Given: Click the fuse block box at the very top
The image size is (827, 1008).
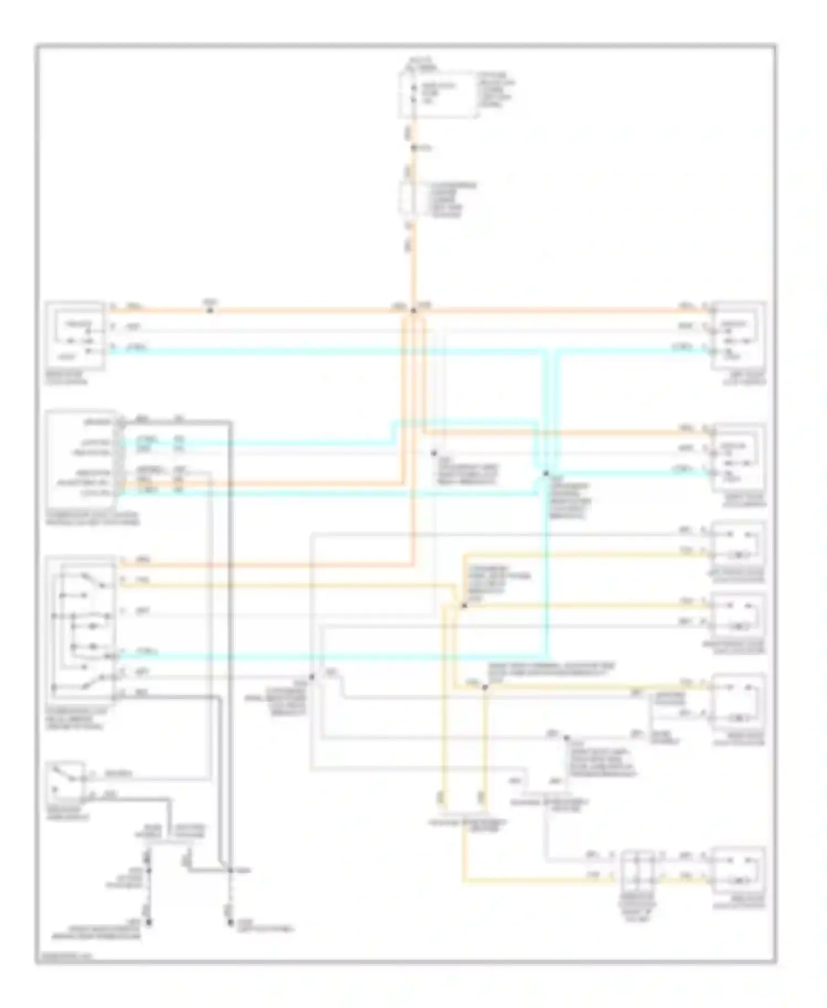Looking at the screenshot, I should tap(438, 94).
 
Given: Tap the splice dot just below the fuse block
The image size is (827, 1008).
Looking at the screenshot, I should tap(413, 148).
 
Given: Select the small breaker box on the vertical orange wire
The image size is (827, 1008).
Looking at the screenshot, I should tap(408, 199).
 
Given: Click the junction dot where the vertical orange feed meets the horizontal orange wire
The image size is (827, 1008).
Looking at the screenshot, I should tap(413, 311).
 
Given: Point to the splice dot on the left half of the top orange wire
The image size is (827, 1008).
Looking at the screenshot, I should tap(209, 311).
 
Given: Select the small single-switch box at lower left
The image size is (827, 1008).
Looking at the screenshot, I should tap(66, 782).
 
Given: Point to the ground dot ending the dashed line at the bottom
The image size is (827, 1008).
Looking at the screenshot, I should tap(230, 923).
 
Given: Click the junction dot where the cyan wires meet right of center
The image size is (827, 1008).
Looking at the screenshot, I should tap(546, 473).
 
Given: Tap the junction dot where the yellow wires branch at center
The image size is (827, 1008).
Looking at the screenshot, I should tap(464, 605).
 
